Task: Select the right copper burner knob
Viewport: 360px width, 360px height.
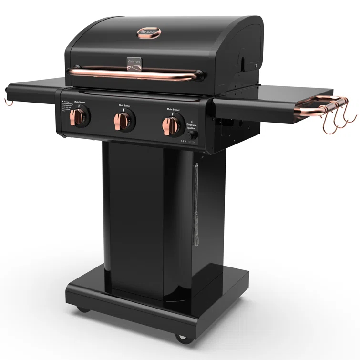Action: [170, 125]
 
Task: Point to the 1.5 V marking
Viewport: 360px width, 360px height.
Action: [183, 141]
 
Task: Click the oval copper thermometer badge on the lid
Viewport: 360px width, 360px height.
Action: [149, 32]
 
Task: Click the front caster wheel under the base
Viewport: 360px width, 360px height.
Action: [182, 337]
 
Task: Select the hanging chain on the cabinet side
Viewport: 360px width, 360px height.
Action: [195, 205]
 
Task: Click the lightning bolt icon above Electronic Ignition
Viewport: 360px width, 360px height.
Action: [191, 121]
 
